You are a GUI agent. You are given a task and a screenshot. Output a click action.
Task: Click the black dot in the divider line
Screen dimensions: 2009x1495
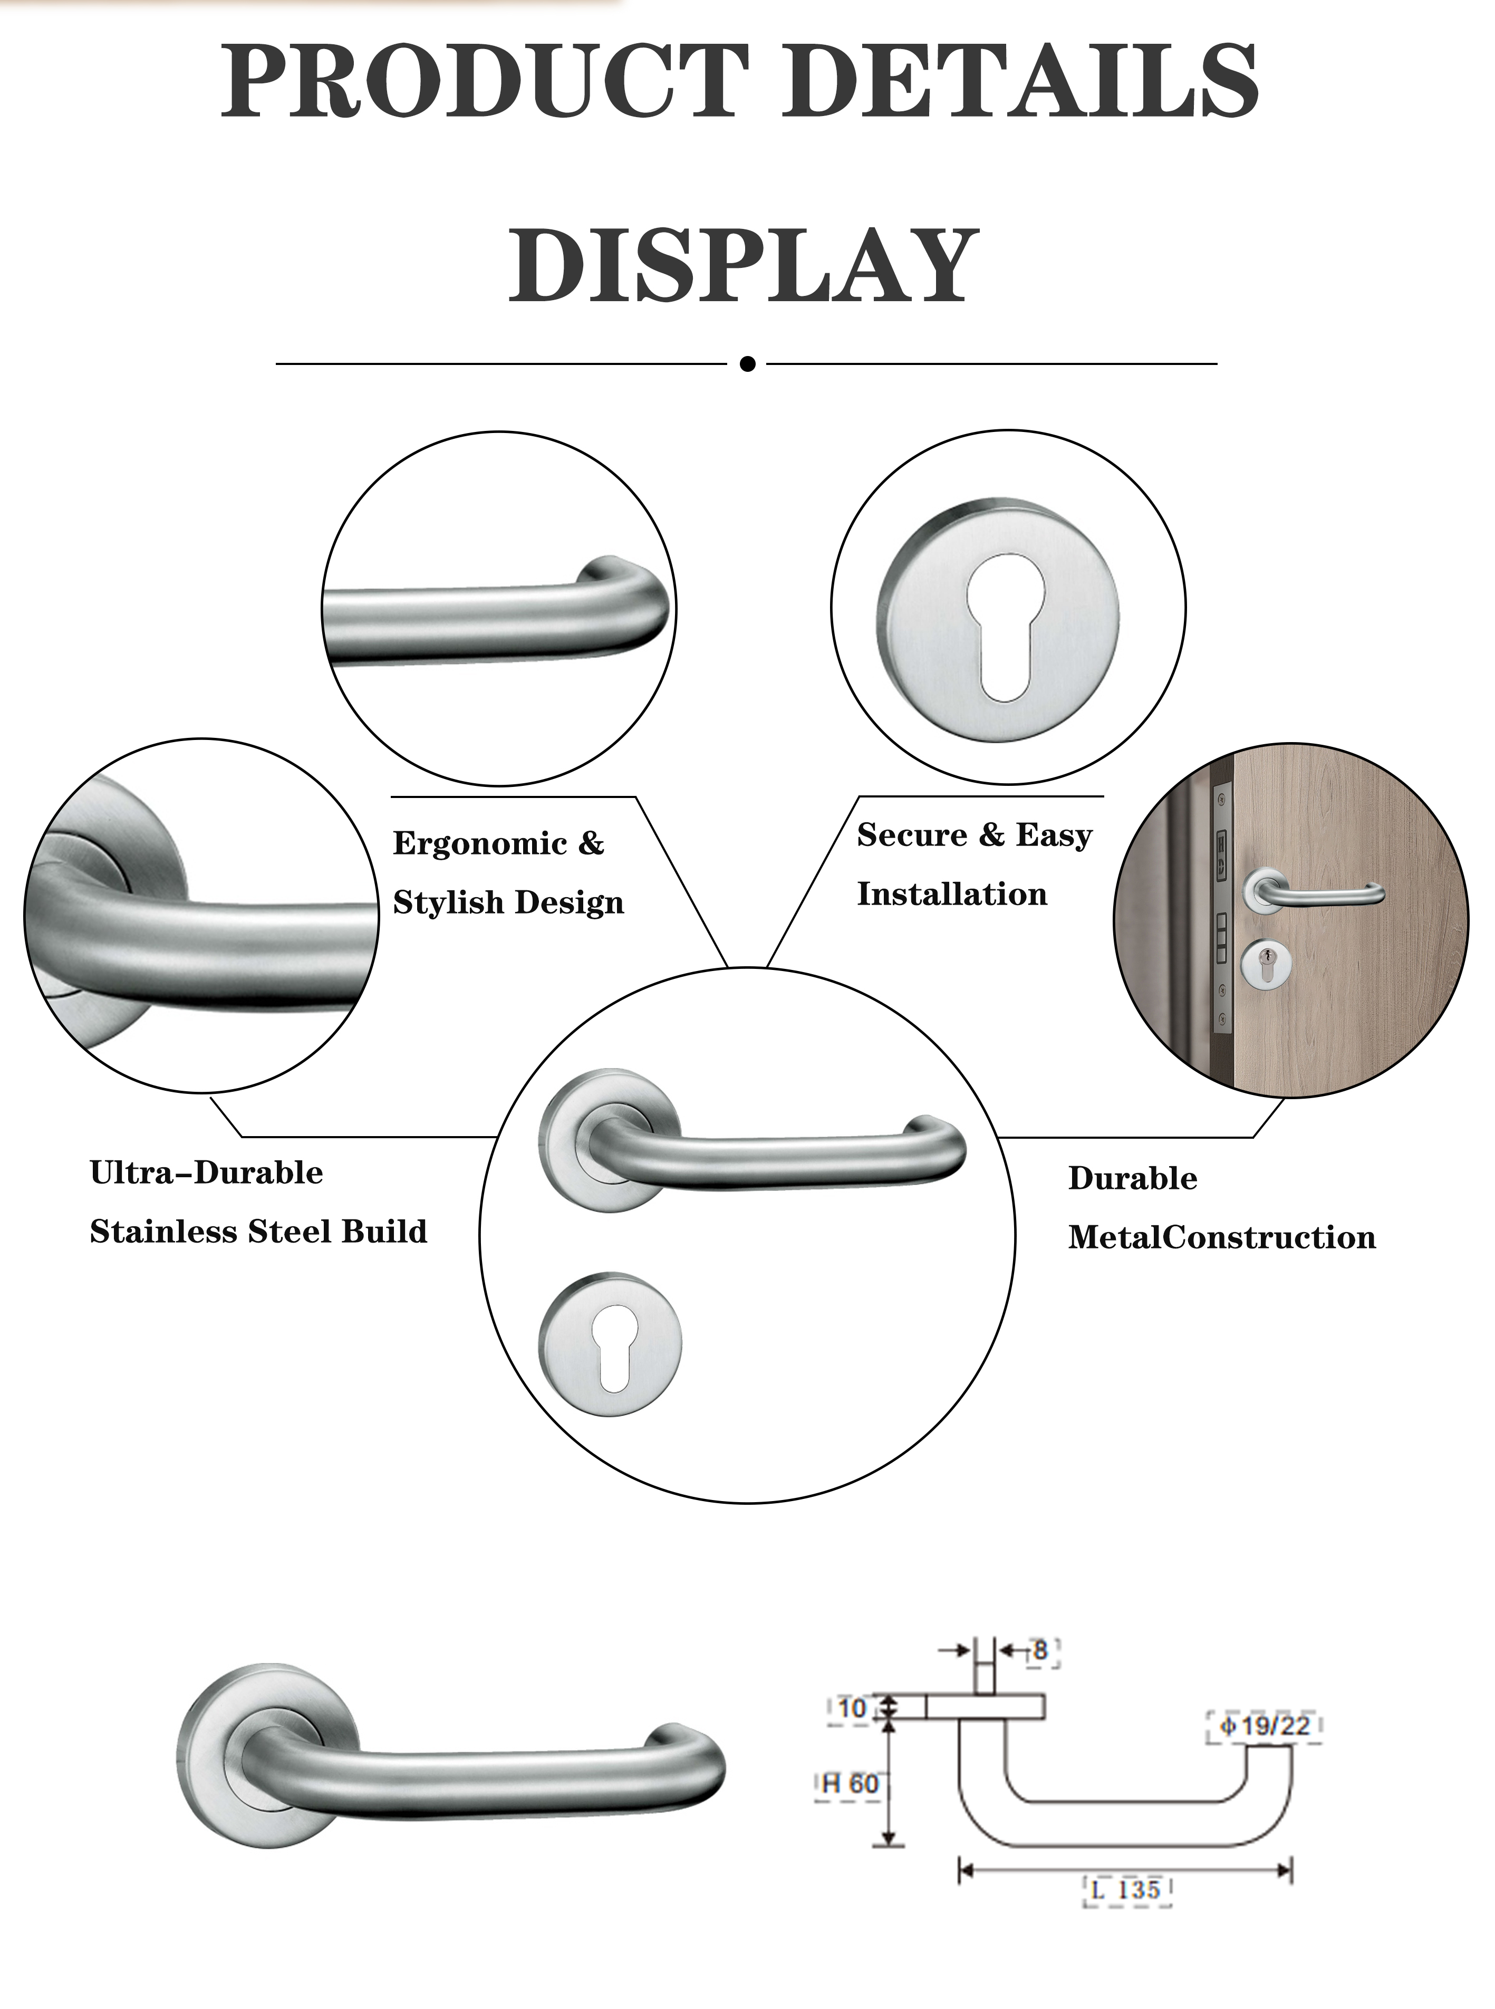pos(748,364)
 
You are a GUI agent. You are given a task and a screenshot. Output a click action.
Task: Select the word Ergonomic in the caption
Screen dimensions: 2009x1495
pos(480,843)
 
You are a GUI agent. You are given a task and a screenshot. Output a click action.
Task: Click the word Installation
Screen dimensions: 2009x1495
pos(952,894)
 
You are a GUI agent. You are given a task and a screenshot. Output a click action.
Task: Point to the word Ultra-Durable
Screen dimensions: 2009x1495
pos(206,1173)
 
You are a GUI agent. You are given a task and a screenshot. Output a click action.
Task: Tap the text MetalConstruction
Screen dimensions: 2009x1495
pos(1222,1237)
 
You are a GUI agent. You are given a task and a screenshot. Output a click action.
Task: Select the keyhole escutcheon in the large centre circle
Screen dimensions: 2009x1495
pos(610,1345)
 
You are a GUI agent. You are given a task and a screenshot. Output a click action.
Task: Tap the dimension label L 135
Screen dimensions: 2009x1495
pos(1127,1890)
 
